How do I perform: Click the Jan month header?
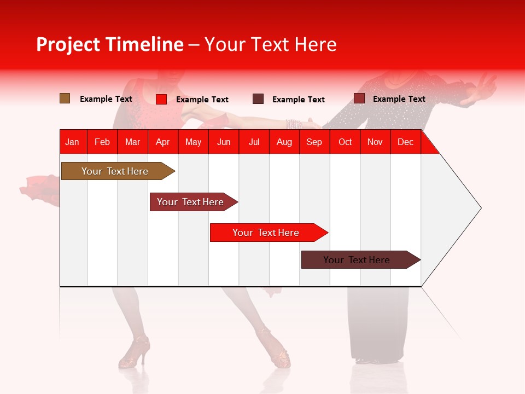(72, 142)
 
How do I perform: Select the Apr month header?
(162, 142)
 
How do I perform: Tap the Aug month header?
(284, 142)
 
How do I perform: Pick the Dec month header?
(405, 142)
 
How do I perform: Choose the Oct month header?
(345, 142)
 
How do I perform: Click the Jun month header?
(223, 142)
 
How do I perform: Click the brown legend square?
(65, 99)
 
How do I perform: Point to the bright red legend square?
(161, 99)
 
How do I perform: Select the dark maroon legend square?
(258, 99)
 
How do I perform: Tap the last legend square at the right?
(359, 99)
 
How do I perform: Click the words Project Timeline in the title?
(109, 44)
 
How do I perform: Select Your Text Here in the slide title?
(270, 44)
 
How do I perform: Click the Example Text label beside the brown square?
(106, 99)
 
